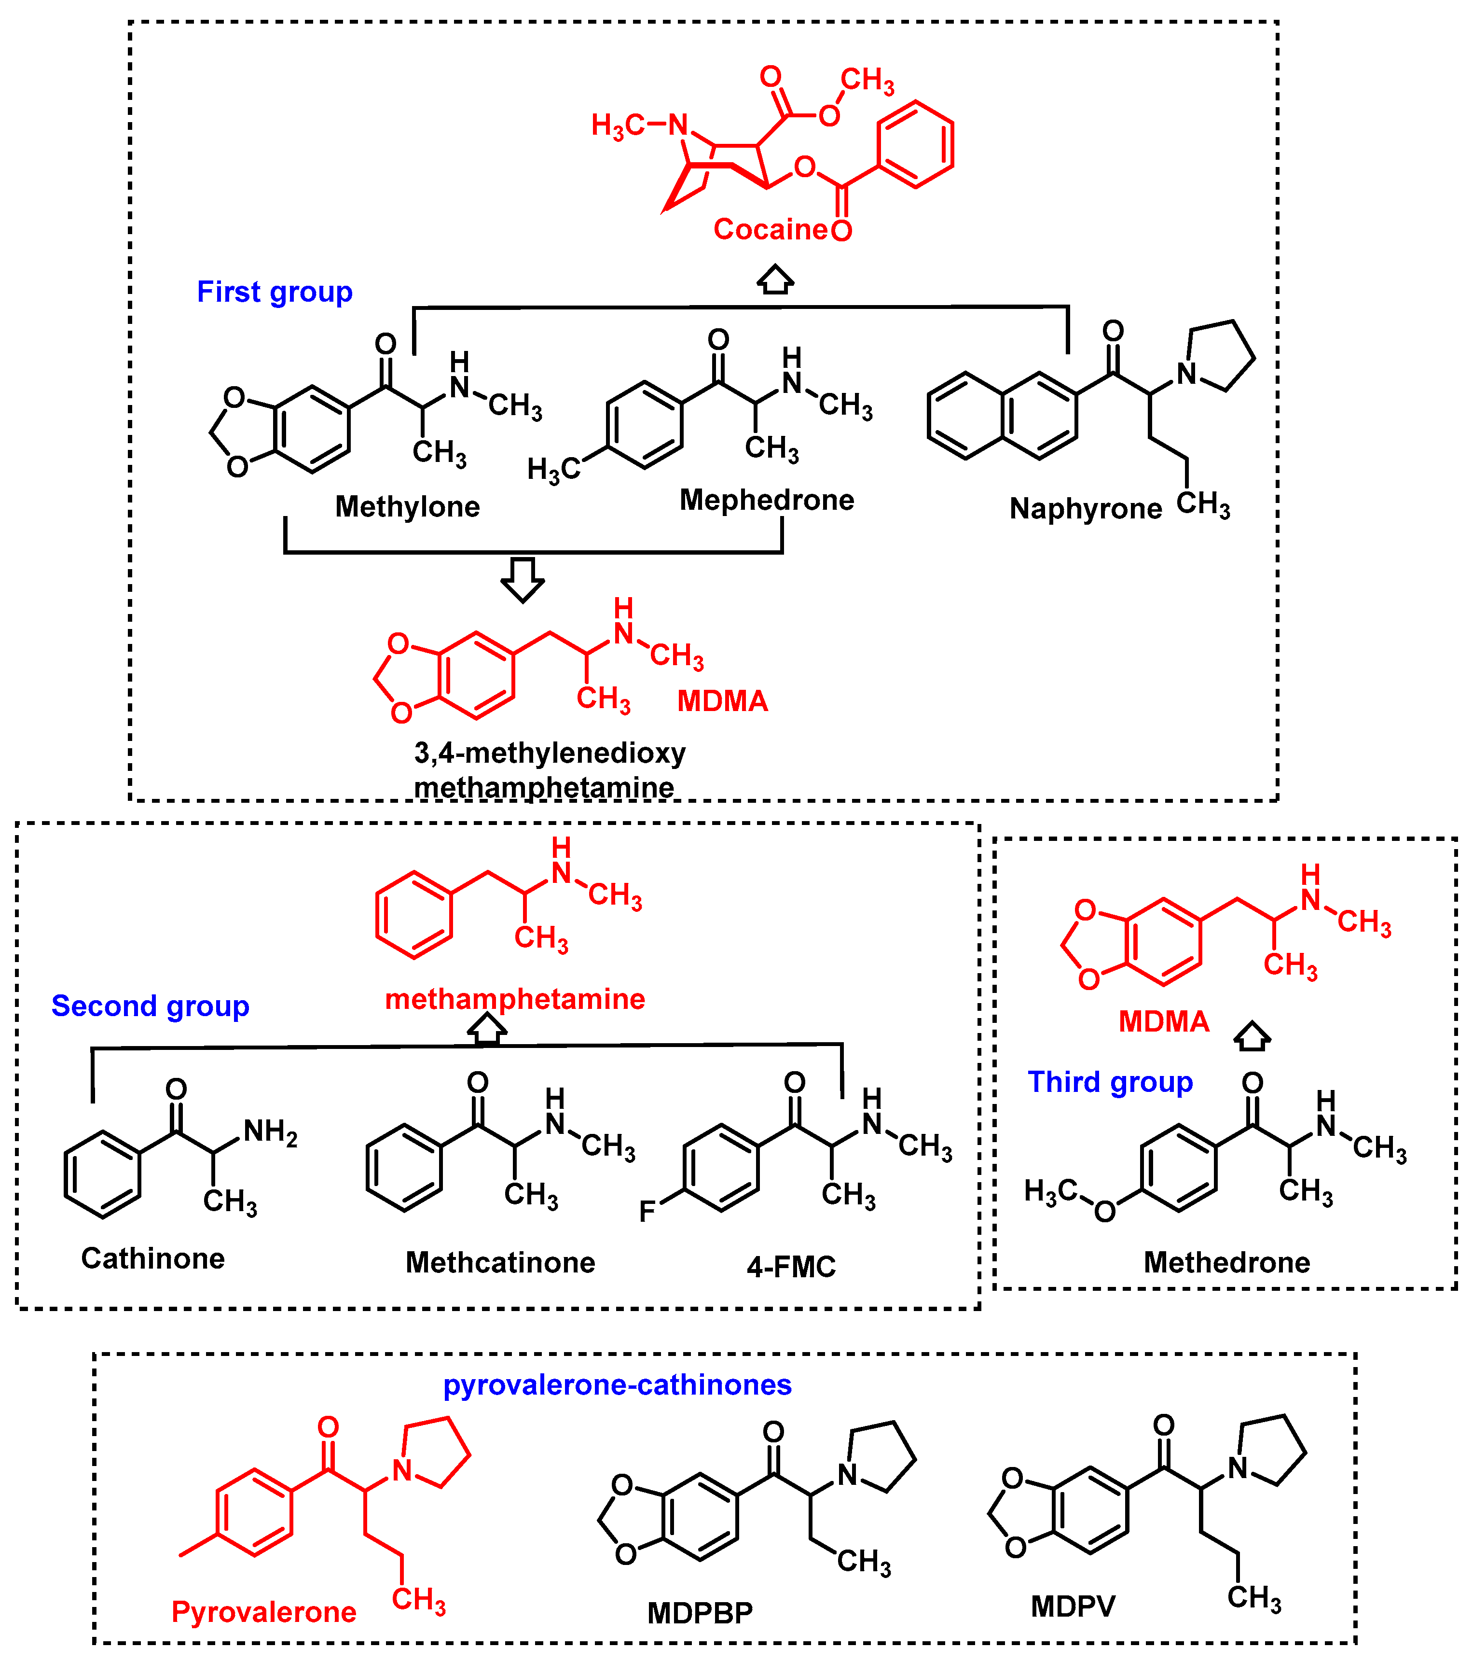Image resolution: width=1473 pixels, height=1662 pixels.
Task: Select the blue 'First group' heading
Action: coord(274,292)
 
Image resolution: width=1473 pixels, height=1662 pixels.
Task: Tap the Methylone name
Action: coord(407,506)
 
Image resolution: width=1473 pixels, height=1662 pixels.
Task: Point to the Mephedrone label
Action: coord(767,500)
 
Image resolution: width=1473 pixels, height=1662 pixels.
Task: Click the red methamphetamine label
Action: coord(515,999)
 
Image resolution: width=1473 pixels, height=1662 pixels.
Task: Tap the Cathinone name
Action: coord(153,1259)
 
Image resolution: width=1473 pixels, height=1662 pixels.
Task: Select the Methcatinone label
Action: coord(500,1263)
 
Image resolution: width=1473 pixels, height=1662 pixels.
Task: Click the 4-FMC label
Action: coord(791,1267)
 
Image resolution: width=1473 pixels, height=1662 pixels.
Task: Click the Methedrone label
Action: coord(1226,1263)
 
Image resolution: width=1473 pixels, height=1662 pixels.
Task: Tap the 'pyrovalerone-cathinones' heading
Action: coord(617,1385)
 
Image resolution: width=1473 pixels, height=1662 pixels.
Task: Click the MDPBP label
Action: coord(700,1613)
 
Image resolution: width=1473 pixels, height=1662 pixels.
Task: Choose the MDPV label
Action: coord(1073,1606)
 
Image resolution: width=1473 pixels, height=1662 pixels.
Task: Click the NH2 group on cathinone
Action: coord(270,1132)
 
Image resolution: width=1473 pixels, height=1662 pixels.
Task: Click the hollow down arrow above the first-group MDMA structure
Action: coord(522,579)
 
